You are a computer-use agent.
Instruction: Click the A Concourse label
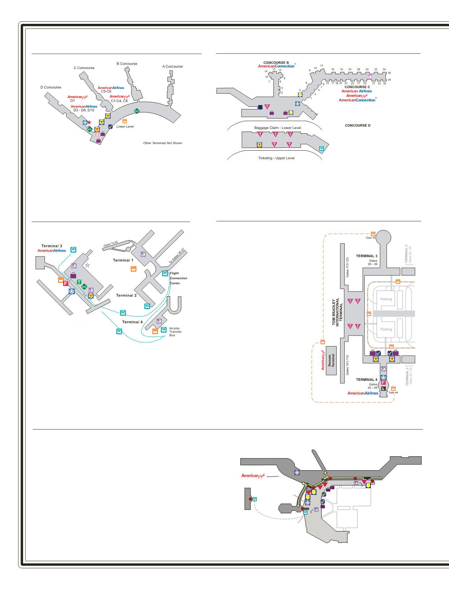tap(173, 66)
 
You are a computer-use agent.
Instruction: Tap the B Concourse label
tap(127, 64)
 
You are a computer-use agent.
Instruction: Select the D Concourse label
tap(51, 87)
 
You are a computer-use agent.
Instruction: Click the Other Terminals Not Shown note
tap(163, 143)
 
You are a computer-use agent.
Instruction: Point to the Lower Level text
tap(125, 126)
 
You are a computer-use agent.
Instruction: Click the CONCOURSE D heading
tap(357, 125)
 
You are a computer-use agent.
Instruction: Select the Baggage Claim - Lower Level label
tap(277, 128)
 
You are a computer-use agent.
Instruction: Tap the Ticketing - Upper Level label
tap(276, 158)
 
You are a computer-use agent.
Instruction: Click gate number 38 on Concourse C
tap(389, 80)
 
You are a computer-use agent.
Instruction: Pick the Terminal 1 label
tap(123, 260)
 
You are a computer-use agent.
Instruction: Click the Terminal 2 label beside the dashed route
tap(126, 295)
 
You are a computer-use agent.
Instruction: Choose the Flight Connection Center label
tap(178, 278)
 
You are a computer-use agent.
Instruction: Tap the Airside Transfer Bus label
tap(175, 332)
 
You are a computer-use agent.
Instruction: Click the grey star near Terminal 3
tap(87, 265)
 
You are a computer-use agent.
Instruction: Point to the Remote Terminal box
tap(331, 360)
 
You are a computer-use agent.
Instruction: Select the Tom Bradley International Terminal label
tap(337, 312)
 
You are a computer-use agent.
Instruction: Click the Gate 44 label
tap(393, 393)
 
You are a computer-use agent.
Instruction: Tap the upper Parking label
tap(386, 299)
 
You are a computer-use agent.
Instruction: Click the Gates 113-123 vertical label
tap(347, 267)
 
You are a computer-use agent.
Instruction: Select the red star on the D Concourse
tap(89, 122)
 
